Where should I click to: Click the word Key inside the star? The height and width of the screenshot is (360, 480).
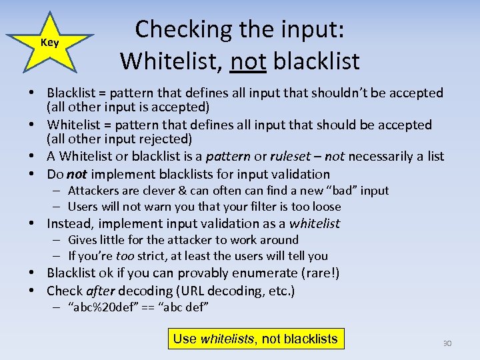click(x=50, y=43)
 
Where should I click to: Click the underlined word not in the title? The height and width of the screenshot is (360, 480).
click(x=247, y=61)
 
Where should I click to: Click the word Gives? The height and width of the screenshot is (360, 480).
click(x=83, y=239)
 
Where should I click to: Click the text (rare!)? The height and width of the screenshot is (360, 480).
click(x=320, y=273)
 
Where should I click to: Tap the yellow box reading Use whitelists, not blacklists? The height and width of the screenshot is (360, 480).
click(x=255, y=339)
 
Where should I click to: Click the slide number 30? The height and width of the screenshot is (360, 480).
click(x=447, y=343)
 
